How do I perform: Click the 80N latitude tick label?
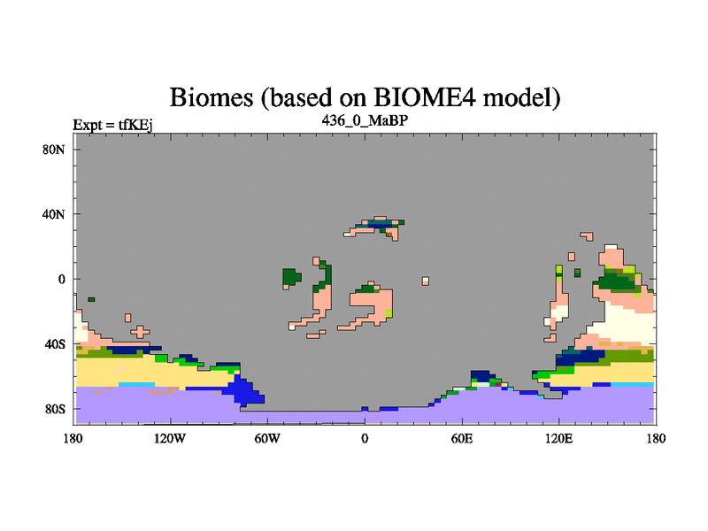54,150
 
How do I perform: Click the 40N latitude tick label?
54,214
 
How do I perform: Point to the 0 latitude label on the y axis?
61,279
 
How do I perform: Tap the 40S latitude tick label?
55,344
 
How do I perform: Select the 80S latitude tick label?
55,409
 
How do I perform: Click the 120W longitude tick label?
170,438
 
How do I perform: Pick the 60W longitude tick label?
267,438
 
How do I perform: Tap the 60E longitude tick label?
462,438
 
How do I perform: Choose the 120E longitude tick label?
559,438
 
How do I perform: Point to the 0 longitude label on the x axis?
365,438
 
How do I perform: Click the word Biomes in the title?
212,97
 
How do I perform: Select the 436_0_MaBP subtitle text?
365,120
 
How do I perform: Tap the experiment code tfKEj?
135,125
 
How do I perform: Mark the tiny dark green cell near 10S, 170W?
91,299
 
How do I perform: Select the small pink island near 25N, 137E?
587,236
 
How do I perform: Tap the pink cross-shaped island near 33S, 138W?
141,332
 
